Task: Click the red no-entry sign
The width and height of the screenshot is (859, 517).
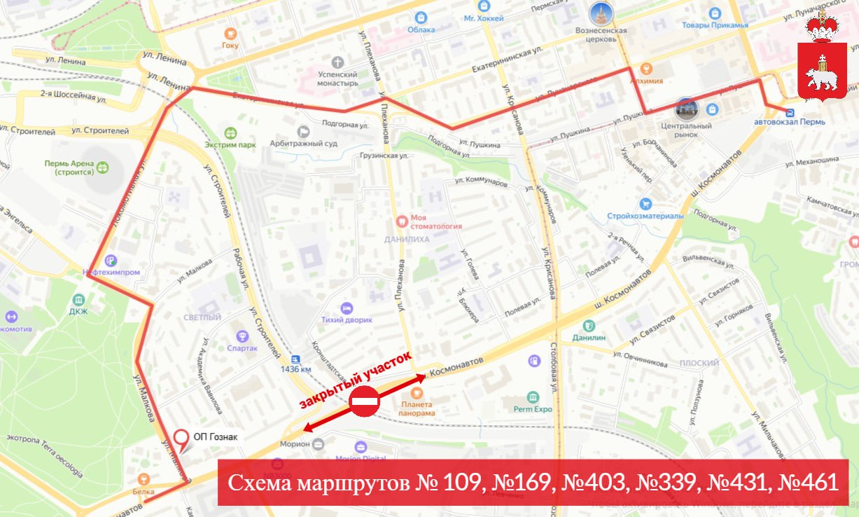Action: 364,402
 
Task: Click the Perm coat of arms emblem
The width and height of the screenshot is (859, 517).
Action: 823,56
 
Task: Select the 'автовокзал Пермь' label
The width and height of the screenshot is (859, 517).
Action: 790,121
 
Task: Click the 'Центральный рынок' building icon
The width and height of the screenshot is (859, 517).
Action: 687,109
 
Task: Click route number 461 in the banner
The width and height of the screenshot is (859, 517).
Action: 814,483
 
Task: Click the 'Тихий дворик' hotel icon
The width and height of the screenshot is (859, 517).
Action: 346,308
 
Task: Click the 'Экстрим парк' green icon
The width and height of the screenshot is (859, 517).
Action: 231,132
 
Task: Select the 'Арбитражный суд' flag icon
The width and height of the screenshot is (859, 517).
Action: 303,131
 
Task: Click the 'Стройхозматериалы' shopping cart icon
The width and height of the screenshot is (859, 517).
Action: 645,204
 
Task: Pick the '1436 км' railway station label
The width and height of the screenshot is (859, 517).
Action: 295,369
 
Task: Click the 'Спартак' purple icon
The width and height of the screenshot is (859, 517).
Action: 242,336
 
